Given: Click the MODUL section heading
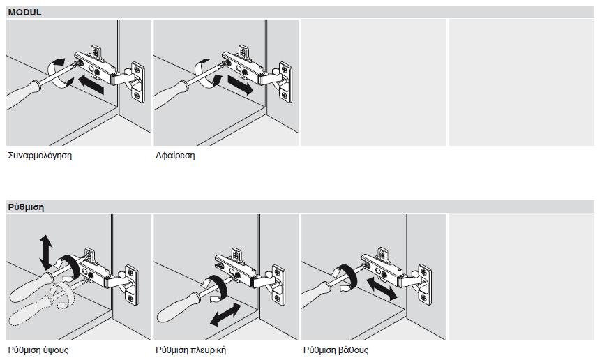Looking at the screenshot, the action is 24,12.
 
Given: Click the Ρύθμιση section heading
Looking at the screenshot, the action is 26,207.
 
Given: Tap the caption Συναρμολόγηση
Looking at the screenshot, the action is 40,156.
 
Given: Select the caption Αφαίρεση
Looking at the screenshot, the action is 175,156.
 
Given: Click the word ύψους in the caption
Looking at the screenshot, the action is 56,350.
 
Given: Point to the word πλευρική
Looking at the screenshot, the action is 209,350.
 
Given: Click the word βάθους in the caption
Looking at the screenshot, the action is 354,350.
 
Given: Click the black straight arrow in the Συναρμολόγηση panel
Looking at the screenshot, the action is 91,84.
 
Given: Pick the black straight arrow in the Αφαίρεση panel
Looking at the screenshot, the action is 241,84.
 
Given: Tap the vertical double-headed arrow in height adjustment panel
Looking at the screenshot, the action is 46,252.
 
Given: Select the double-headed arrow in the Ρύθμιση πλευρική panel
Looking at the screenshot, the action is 225,315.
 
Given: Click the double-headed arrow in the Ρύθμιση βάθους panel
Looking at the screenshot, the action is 382,289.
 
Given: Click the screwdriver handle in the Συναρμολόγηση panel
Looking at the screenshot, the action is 22,95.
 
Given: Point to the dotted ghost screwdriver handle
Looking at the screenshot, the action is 29,310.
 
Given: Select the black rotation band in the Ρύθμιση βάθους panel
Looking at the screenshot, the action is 347,276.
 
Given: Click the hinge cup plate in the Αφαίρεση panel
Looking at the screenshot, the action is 285,82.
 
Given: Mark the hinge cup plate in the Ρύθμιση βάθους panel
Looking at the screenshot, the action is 425,285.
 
